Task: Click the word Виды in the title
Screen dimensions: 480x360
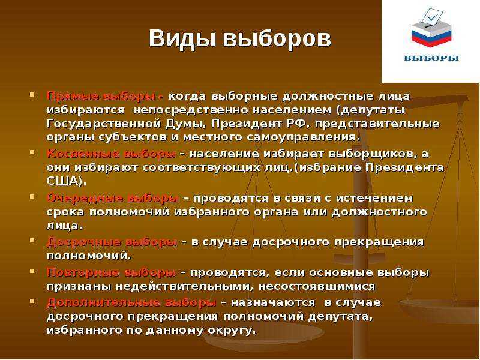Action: coord(182,38)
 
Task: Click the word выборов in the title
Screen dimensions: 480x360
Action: coord(277,39)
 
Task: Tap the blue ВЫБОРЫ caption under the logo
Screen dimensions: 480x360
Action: coord(431,58)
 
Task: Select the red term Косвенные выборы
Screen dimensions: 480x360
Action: coord(111,154)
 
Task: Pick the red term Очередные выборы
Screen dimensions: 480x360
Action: coord(112,198)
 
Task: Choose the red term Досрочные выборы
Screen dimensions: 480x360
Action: coord(112,242)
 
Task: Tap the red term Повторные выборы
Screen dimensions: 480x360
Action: coord(111,272)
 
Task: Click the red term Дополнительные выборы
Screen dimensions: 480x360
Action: coord(131,302)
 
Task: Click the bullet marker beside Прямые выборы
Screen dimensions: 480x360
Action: coord(32,95)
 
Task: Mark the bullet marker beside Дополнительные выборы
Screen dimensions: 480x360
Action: coord(32,301)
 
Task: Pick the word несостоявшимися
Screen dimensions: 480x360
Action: coord(317,286)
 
